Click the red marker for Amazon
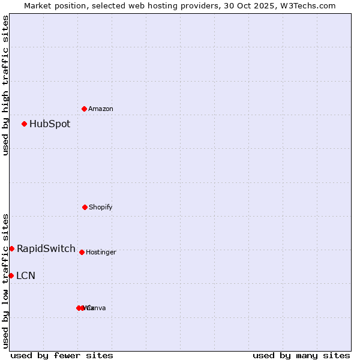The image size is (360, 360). [85, 109]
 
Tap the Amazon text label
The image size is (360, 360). [100, 109]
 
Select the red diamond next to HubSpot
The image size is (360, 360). [25, 124]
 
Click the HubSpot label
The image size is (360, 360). [50, 124]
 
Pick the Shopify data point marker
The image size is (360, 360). [85, 207]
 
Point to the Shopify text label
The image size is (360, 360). [100, 208]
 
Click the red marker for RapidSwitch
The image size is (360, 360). [11, 248]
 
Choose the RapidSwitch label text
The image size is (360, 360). [46, 249]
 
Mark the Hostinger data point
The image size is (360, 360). [82, 252]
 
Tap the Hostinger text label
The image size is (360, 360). [101, 253]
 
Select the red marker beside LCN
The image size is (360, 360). [11, 275]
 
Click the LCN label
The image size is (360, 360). [26, 276]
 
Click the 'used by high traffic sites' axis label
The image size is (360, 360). [6, 85]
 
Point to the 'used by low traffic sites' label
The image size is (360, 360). [6, 281]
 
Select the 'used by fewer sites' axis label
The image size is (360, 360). [62, 355]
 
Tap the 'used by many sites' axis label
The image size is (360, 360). [301, 355]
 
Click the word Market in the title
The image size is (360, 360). [39, 5]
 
